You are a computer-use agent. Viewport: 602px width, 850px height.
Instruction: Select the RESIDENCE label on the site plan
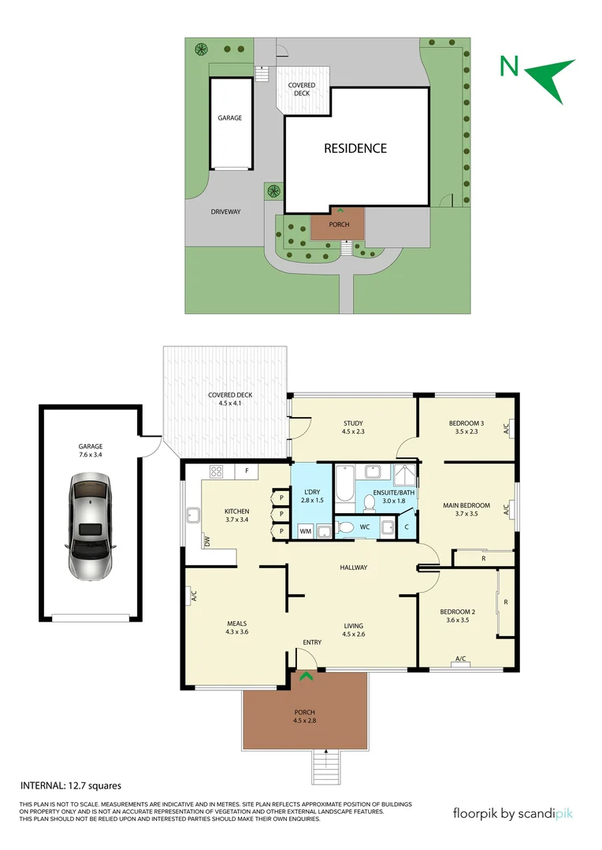coord(356,148)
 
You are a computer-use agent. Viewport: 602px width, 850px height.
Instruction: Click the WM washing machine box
coord(305,531)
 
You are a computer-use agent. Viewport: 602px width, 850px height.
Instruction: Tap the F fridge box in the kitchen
coord(247,471)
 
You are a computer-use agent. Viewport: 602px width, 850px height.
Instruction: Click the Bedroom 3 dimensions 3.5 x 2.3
coord(466,431)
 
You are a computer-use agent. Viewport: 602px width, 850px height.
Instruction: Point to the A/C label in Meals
coord(194,597)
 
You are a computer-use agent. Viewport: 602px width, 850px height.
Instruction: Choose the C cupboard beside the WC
coord(406,527)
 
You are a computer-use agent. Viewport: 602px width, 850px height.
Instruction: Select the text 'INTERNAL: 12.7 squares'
coord(71,785)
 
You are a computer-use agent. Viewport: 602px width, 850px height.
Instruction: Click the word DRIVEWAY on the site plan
coord(225,212)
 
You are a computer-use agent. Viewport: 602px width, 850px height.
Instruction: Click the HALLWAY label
coord(353,567)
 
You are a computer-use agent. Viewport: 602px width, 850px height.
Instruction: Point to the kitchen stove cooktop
coord(215,471)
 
